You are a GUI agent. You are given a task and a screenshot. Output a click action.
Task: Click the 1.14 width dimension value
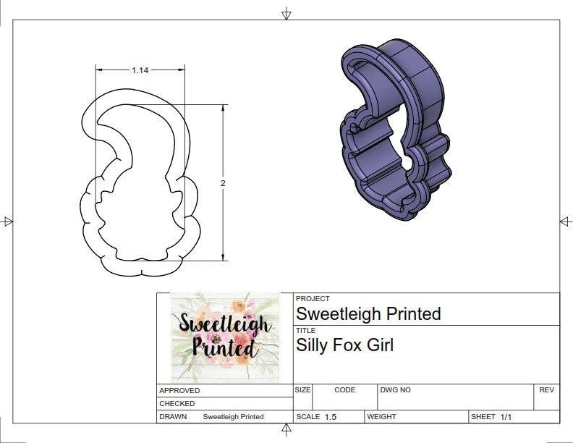pos(140,70)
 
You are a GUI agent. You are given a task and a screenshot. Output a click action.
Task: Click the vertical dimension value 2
pos(223,184)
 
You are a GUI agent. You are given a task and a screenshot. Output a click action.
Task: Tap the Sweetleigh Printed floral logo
pos(225,337)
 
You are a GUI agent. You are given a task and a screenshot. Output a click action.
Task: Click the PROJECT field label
pos(313,298)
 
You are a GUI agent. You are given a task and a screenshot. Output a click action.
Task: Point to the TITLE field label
pos(305,330)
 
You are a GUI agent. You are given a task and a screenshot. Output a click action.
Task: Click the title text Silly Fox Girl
pos(345,345)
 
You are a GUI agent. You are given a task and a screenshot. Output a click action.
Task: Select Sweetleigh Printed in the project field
pos(368,313)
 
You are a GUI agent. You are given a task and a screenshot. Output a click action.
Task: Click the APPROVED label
pos(179,390)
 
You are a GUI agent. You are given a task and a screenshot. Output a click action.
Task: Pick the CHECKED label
pos(177,403)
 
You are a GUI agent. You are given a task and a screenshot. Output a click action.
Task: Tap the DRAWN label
pos(173,417)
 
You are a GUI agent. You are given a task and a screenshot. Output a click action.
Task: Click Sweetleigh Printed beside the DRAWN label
pos(233,417)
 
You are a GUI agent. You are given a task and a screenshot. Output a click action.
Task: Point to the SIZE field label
pos(302,390)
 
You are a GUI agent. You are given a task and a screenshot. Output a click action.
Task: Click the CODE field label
pos(345,390)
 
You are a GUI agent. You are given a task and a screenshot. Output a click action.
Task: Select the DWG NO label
pos(396,390)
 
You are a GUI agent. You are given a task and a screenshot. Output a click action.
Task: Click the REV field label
pos(546,390)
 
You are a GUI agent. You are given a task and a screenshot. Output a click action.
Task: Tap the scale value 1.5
pos(331,417)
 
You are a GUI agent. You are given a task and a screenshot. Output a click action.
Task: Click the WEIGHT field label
pos(381,417)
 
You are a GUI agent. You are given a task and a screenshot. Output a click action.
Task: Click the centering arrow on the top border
pos(286,14)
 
